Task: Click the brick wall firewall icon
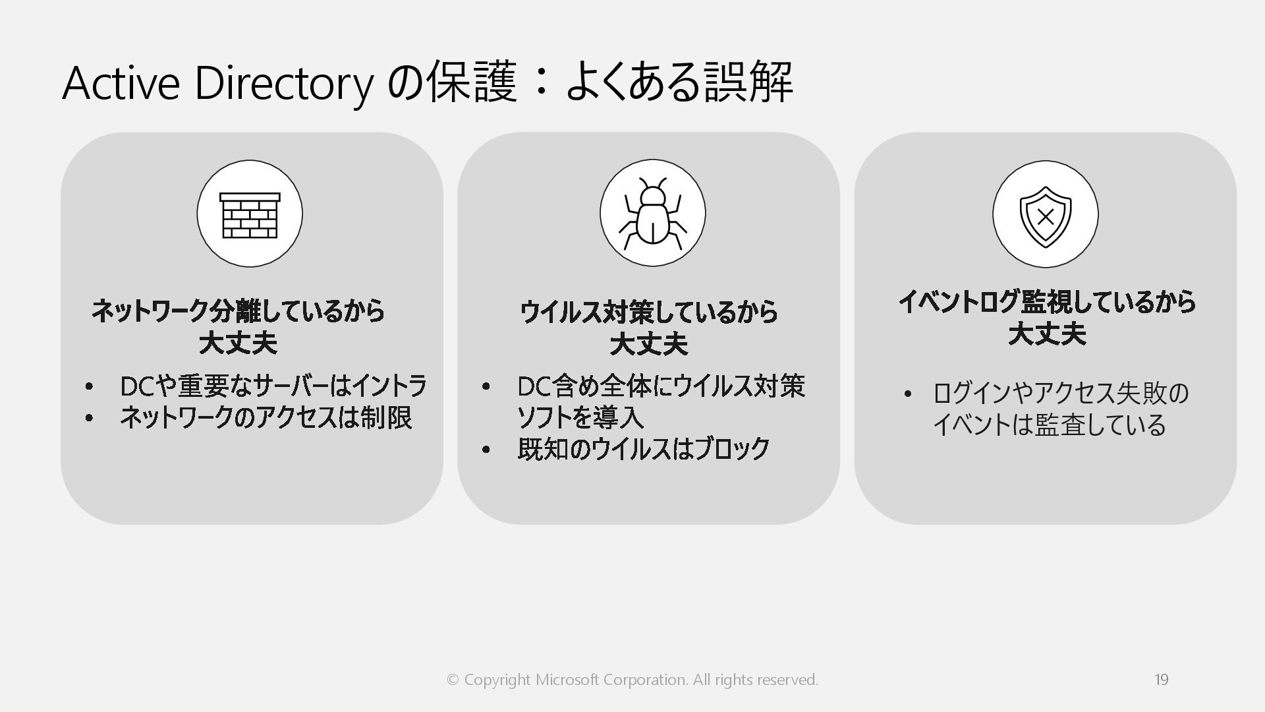tap(250, 214)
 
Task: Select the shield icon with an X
tap(1045, 215)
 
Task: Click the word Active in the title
tap(121, 84)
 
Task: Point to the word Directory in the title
tap(284, 84)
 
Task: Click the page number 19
tap(1161, 680)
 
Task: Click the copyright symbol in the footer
tap(453, 680)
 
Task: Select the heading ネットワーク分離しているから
tap(238, 311)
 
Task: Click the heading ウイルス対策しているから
tap(649, 312)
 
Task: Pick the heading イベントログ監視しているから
tap(1047, 302)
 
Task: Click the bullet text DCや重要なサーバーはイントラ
tap(273, 386)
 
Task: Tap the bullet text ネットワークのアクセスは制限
tap(266, 418)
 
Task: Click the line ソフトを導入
tap(580, 418)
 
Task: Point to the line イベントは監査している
tap(1049, 425)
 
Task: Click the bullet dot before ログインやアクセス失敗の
tap(907, 394)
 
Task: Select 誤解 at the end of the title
tap(748, 84)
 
